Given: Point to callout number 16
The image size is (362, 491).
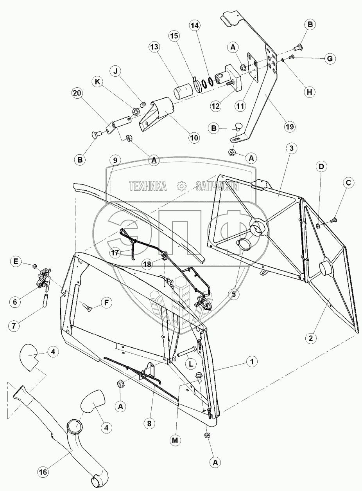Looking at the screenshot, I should [x=43, y=472].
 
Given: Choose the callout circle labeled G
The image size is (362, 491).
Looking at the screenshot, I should [x=330, y=59].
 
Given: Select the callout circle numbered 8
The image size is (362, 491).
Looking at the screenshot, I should [x=149, y=423].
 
